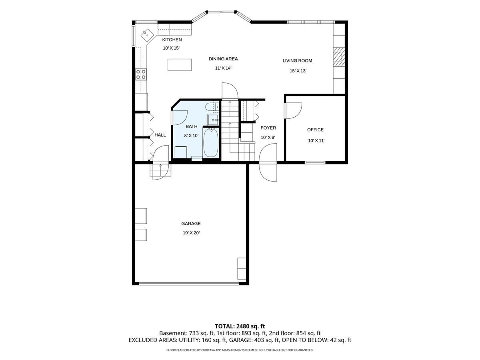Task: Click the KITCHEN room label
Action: click(x=172, y=40)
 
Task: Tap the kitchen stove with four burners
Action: click(x=141, y=74)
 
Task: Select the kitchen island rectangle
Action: click(x=180, y=65)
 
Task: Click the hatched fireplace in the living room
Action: click(x=338, y=58)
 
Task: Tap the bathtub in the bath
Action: click(x=211, y=142)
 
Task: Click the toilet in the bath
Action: click(x=212, y=107)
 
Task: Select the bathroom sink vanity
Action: click(x=213, y=120)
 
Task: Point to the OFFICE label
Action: click(x=315, y=130)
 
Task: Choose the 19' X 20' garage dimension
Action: click(x=191, y=233)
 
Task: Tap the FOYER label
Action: click(x=268, y=128)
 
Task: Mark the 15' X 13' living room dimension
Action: click(x=298, y=71)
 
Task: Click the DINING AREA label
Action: click(x=223, y=59)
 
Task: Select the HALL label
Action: click(x=160, y=135)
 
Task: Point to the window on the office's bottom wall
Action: click(x=315, y=162)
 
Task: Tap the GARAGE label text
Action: click(x=191, y=223)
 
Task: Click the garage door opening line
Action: click(x=189, y=284)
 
